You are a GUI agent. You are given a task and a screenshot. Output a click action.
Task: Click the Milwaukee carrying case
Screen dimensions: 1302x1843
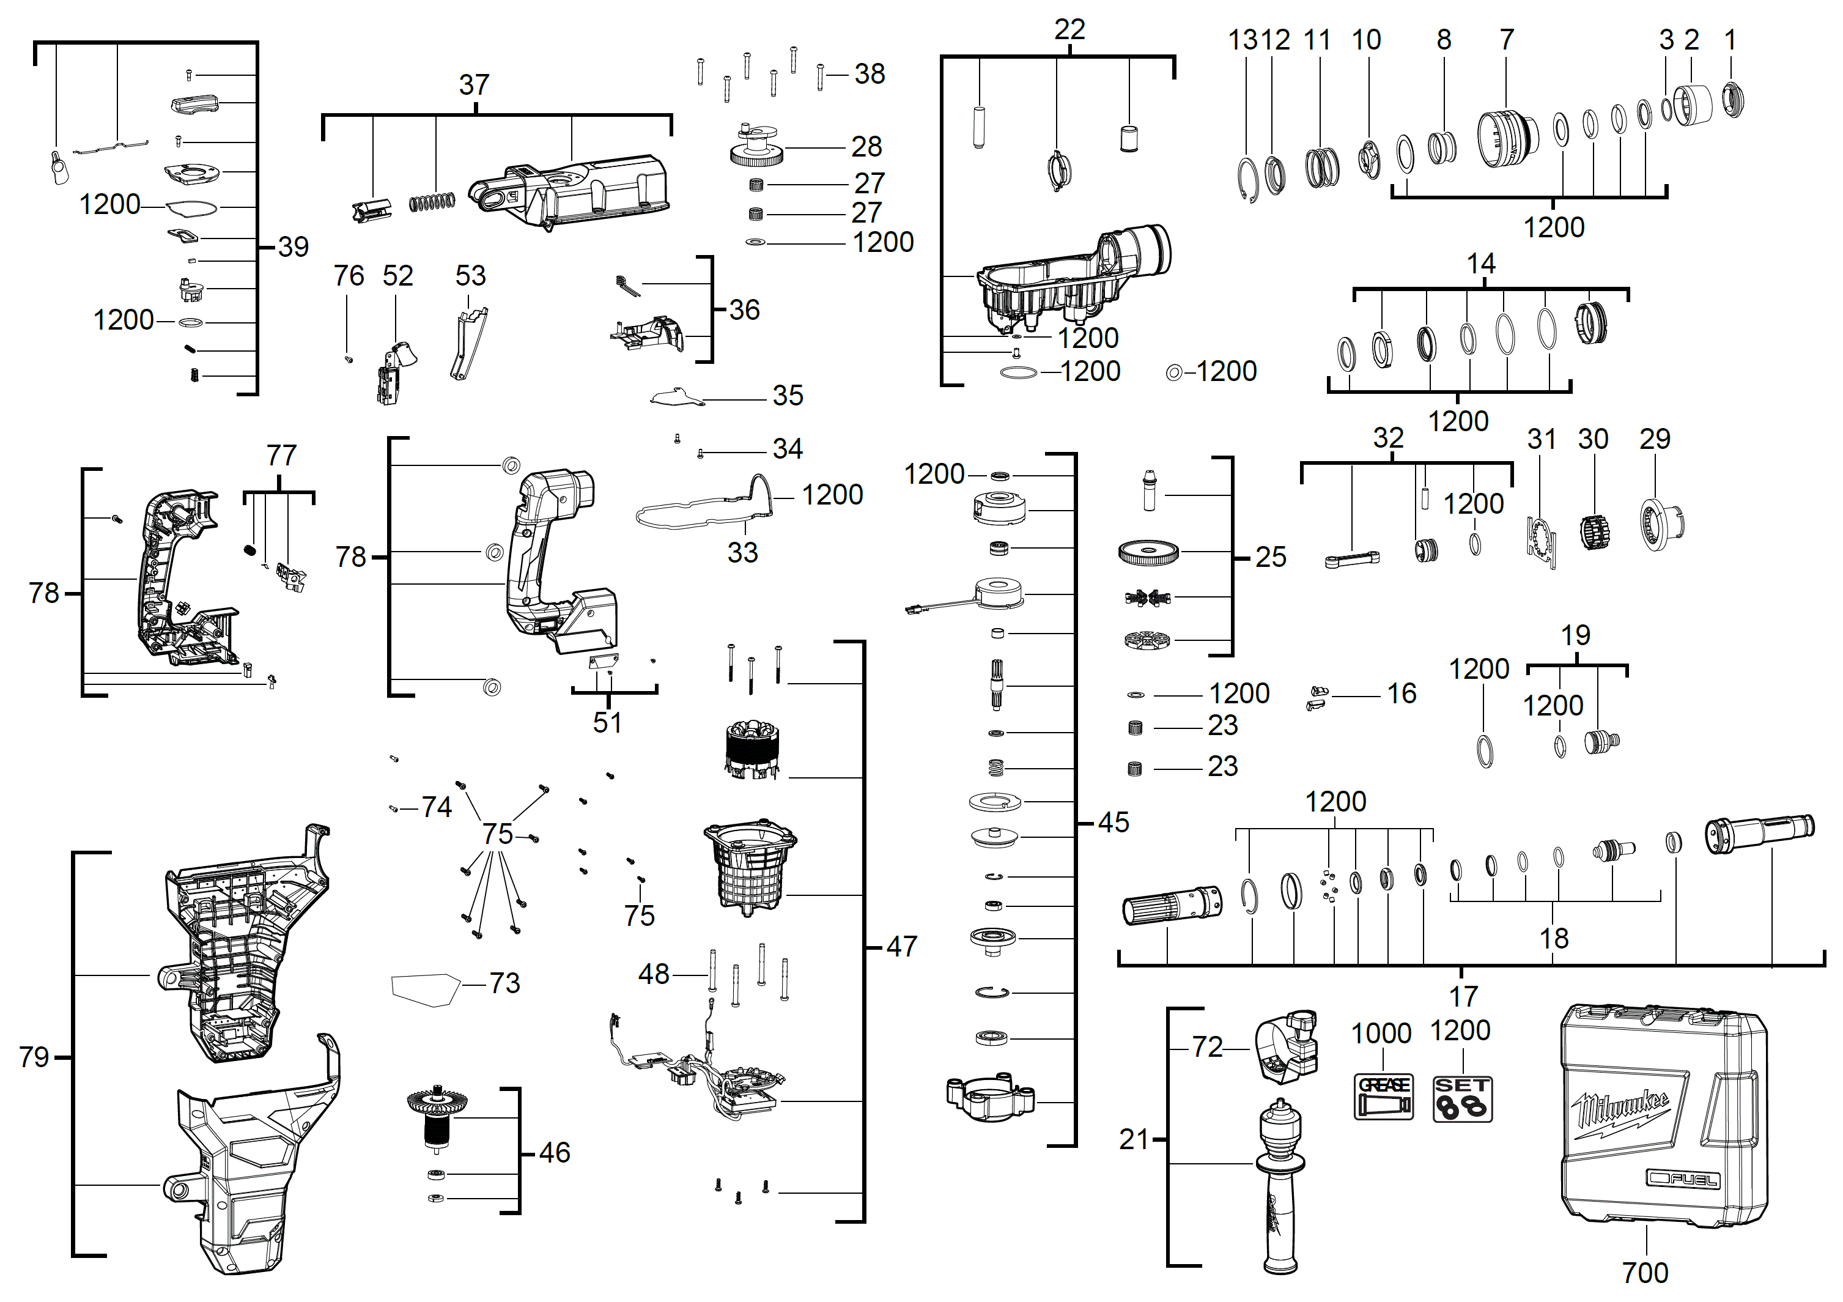[x=1663, y=1115]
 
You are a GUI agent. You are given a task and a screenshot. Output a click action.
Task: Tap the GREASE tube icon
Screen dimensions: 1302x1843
[x=1383, y=1097]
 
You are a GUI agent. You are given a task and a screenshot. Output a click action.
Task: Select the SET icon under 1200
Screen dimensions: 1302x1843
[x=1463, y=1099]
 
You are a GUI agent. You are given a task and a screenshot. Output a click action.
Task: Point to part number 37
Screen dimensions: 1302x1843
[x=474, y=84]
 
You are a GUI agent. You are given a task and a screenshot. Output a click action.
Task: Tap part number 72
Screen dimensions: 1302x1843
[x=1206, y=1047]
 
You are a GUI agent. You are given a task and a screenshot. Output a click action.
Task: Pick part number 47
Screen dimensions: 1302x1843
[x=901, y=947]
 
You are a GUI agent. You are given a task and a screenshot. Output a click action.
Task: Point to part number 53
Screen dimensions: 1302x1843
[x=470, y=276]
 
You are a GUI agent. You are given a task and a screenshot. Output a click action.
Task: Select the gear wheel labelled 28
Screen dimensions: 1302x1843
[x=756, y=148]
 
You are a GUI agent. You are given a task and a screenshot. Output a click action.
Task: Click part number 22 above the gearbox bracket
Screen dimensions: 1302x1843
[x=1069, y=30]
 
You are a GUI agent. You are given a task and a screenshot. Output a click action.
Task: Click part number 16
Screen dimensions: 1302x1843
[x=1402, y=694]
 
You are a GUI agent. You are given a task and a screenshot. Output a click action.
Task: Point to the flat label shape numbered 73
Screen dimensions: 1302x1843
[x=424, y=988]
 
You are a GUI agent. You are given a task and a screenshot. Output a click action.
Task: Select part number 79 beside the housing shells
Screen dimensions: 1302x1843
[x=34, y=1057]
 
